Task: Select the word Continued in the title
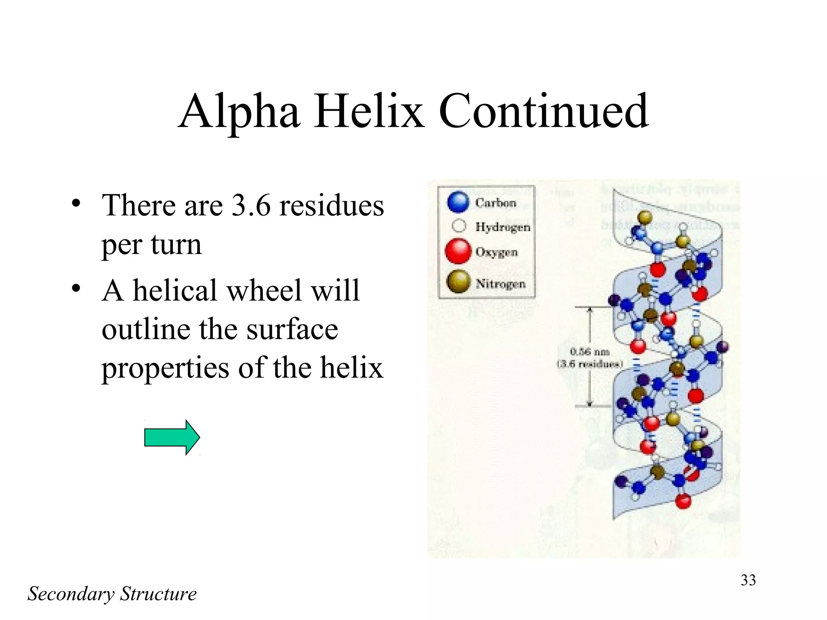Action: (x=543, y=111)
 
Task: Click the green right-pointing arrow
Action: (x=172, y=438)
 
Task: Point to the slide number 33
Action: (x=748, y=580)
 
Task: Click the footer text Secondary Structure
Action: (x=112, y=594)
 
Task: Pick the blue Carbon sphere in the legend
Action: (x=458, y=202)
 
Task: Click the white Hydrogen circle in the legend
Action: (x=459, y=226)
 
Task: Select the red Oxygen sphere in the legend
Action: (x=458, y=251)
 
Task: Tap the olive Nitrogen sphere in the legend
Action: (x=458, y=281)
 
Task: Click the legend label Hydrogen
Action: (x=502, y=227)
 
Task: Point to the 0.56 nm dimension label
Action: (x=590, y=352)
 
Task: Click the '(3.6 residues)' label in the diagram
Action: (x=590, y=364)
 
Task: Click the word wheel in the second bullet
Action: (x=262, y=291)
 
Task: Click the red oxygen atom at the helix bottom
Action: (x=683, y=501)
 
